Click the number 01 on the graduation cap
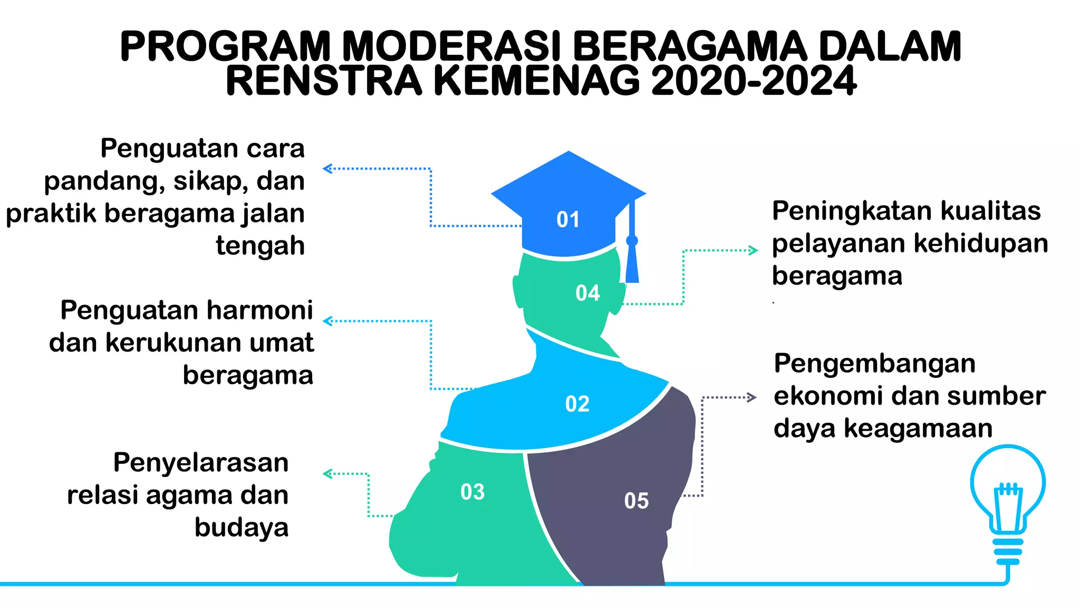[x=568, y=220]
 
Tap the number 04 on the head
[x=587, y=293]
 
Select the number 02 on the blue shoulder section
[x=577, y=404]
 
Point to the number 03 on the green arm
[x=472, y=492]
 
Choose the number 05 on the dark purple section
[x=636, y=501]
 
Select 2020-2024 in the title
[x=754, y=81]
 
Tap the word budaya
[x=242, y=527]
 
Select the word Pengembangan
[x=874, y=364]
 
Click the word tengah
[x=260, y=246]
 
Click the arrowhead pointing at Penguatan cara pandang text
[x=327, y=169]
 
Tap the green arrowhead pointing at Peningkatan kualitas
[x=754, y=251]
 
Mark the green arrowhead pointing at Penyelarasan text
[x=327, y=474]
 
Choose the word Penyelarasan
[x=201, y=463]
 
